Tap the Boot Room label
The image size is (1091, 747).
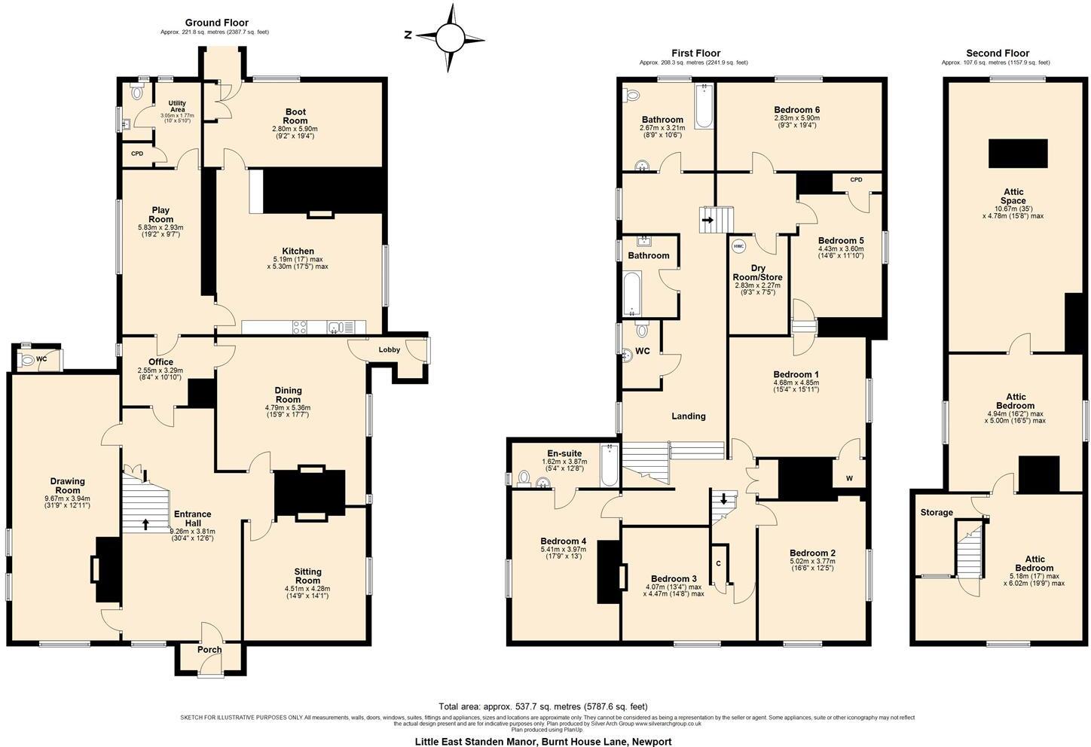[x=295, y=116]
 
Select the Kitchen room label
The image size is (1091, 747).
[x=298, y=251]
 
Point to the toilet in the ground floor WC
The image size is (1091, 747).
[x=28, y=360]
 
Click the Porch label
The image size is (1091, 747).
[x=209, y=649]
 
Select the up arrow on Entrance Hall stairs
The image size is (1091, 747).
[x=145, y=522]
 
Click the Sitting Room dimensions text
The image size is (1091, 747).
[x=307, y=592]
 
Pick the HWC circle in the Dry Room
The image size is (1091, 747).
[x=738, y=245]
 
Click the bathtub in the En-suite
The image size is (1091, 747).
[x=607, y=465]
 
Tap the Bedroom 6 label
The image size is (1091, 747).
[x=796, y=110]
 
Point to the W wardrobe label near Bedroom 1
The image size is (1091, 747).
[x=850, y=478]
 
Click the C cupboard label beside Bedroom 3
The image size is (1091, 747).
[x=718, y=563]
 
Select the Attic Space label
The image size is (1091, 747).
[x=1013, y=197]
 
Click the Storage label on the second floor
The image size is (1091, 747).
[x=936, y=512]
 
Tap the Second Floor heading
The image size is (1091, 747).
[x=997, y=53]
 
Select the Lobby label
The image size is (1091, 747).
[x=389, y=349]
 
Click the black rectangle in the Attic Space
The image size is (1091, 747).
[x=1018, y=153]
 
